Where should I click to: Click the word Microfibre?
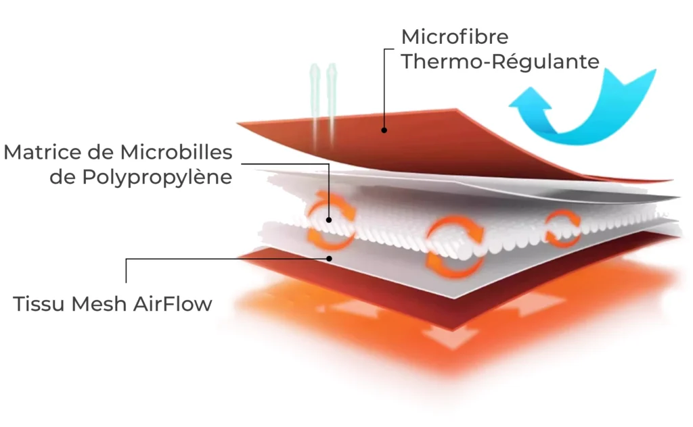pos(454,36)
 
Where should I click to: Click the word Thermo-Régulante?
pos(500,61)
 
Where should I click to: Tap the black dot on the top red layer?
pos(384,130)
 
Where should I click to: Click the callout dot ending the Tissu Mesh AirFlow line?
pos(330,257)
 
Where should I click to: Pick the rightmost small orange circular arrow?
pos(561,227)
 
